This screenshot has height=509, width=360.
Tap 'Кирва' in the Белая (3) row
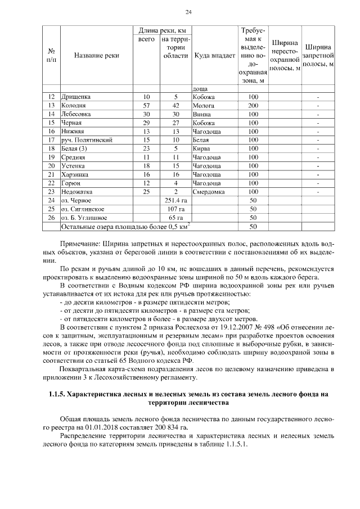pyautogui.click(x=201, y=148)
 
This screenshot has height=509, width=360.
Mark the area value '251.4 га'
pyautogui.click(x=175, y=200)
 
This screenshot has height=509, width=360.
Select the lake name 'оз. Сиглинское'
pyautogui.click(x=82, y=209)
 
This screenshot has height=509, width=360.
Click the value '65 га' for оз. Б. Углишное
pyautogui.click(x=175, y=217)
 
